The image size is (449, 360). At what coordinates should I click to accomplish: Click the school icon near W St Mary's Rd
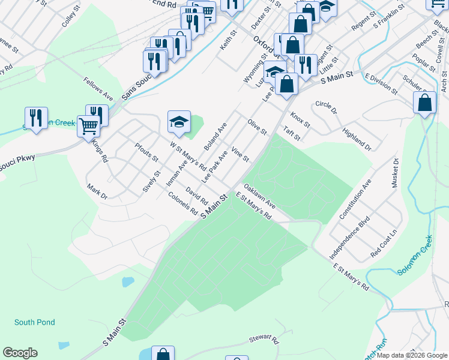tap(179, 122)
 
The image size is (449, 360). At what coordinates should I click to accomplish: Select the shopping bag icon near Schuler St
tap(425, 103)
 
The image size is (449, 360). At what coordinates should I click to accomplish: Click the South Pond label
tap(35, 322)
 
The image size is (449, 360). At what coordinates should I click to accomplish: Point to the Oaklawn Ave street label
tap(260, 196)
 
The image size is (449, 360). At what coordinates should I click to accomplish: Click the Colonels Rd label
tap(183, 203)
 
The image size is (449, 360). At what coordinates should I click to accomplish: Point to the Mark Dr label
tap(97, 192)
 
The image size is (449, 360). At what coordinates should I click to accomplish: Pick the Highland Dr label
tap(357, 139)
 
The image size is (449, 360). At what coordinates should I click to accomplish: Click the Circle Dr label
tap(327, 107)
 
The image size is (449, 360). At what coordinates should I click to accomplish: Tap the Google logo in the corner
tap(20, 353)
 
